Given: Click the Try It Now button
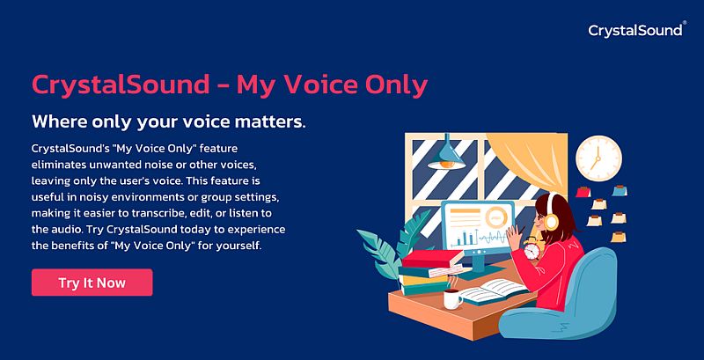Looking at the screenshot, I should pyautogui.click(x=92, y=283).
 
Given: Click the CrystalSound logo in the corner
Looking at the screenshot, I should pyautogui.click(x=636, y=30).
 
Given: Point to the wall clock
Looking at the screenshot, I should pyautogui.click(x=598, y=158).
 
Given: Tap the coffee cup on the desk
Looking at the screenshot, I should pyautogui.click(x=452, y=300).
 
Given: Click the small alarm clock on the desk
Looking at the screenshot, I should pyautogui.click(x=532, y=252).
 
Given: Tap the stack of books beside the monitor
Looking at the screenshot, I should pyautogui.click(x=432, y=264).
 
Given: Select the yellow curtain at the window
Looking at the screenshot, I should pyautogui.click(x=519, y=158).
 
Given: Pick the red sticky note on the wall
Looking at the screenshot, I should pyautogui.click(x=583, y=191).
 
